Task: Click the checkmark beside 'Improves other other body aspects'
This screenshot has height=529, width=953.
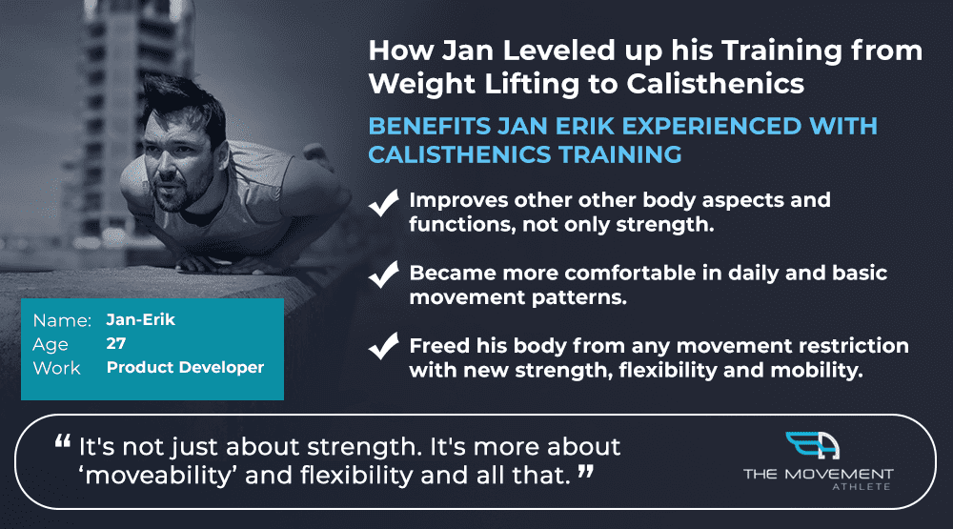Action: pyautogui.click(x=384, y=202)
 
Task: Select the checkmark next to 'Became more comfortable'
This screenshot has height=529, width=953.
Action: pyautogui.click(x=384, y=275)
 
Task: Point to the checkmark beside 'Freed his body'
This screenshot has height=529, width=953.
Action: pyautogui.click(x=384, y=346)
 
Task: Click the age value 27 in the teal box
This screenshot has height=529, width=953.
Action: pyautogui.click(x=116, y=343)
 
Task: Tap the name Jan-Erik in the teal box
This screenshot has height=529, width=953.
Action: pyautogui.click(x=140, y=320)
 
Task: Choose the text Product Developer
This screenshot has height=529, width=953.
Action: pyautogui.click(x=186, y=367)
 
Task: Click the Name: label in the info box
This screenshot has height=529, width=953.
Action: pyautogui.click(x=62, y=320)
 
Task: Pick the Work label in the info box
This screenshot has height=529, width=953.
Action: pyautogui.click(x=56, y=368)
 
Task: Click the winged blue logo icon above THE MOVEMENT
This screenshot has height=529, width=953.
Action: pyautogui.click(x=813, y=446)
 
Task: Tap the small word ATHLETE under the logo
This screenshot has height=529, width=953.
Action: pyautogui.click(x=862, y=487)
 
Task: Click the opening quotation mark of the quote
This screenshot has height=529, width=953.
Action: pyautogui.click(x=63, y=442)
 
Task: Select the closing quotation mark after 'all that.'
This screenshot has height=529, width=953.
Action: pyautogui.click(x=586, y=471)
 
